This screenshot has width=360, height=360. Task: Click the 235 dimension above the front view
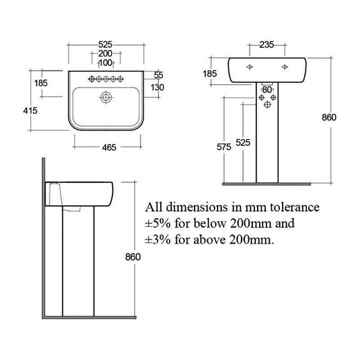[267, 46]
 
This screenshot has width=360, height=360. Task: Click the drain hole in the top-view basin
[106, 97]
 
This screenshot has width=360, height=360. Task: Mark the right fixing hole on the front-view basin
[285, 67]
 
